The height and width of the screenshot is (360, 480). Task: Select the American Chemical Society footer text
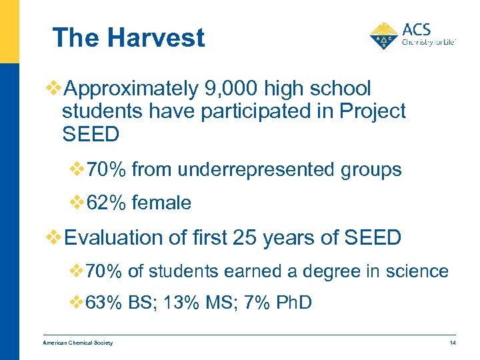click(77, 343)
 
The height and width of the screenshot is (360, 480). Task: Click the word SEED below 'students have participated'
click(91, 134)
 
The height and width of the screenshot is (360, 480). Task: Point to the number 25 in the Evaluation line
click(246, 237)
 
